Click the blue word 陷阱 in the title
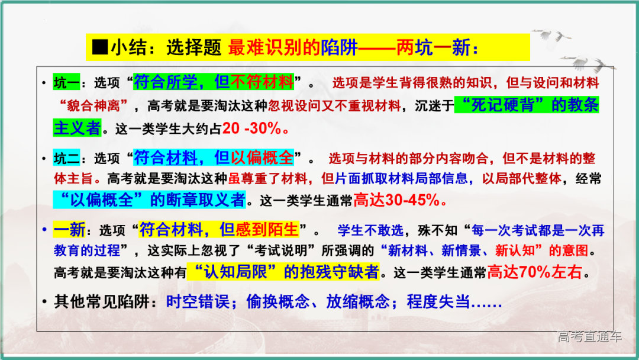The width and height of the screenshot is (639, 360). click(x=339, y=47)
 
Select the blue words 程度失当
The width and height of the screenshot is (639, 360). click(x=438, y=301)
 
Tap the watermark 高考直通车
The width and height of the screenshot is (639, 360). click(x=589, y=337)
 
